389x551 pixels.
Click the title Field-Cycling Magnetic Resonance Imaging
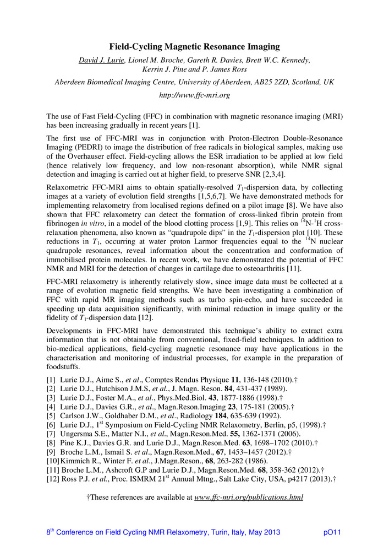[x=194, y=47]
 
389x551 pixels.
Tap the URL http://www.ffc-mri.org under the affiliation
[x=194, y=95]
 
